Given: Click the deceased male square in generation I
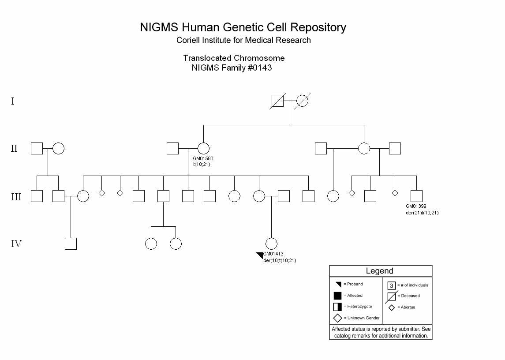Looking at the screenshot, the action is click(277, 101).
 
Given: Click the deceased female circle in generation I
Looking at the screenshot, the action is click(303, 101).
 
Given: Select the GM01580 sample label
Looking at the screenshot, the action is click(203, 158).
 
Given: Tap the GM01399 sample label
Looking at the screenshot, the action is click(416, 206).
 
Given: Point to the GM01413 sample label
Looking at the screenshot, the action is click(273, 254).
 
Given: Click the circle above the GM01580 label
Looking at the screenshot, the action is click(203, 149).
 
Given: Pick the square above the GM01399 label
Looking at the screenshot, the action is click(416, 196).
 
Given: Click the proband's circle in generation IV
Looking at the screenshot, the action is click(271, 244).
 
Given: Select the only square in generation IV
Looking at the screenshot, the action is click(71, 244).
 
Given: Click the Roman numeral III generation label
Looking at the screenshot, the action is click(16, 197).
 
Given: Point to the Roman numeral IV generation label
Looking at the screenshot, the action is click(16, 244).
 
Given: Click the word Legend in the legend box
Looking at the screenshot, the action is click(379, 271).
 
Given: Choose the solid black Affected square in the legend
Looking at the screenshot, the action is click(337, 296).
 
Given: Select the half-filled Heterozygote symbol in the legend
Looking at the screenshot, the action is click(337, 307).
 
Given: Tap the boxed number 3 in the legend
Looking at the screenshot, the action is click(392, 285).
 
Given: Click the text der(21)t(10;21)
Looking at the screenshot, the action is click(422, 213).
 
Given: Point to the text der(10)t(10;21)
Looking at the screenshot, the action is click(280, 260).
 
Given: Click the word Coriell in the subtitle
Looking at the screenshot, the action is click(188, 40).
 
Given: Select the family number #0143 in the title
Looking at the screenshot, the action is click(260, 67).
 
